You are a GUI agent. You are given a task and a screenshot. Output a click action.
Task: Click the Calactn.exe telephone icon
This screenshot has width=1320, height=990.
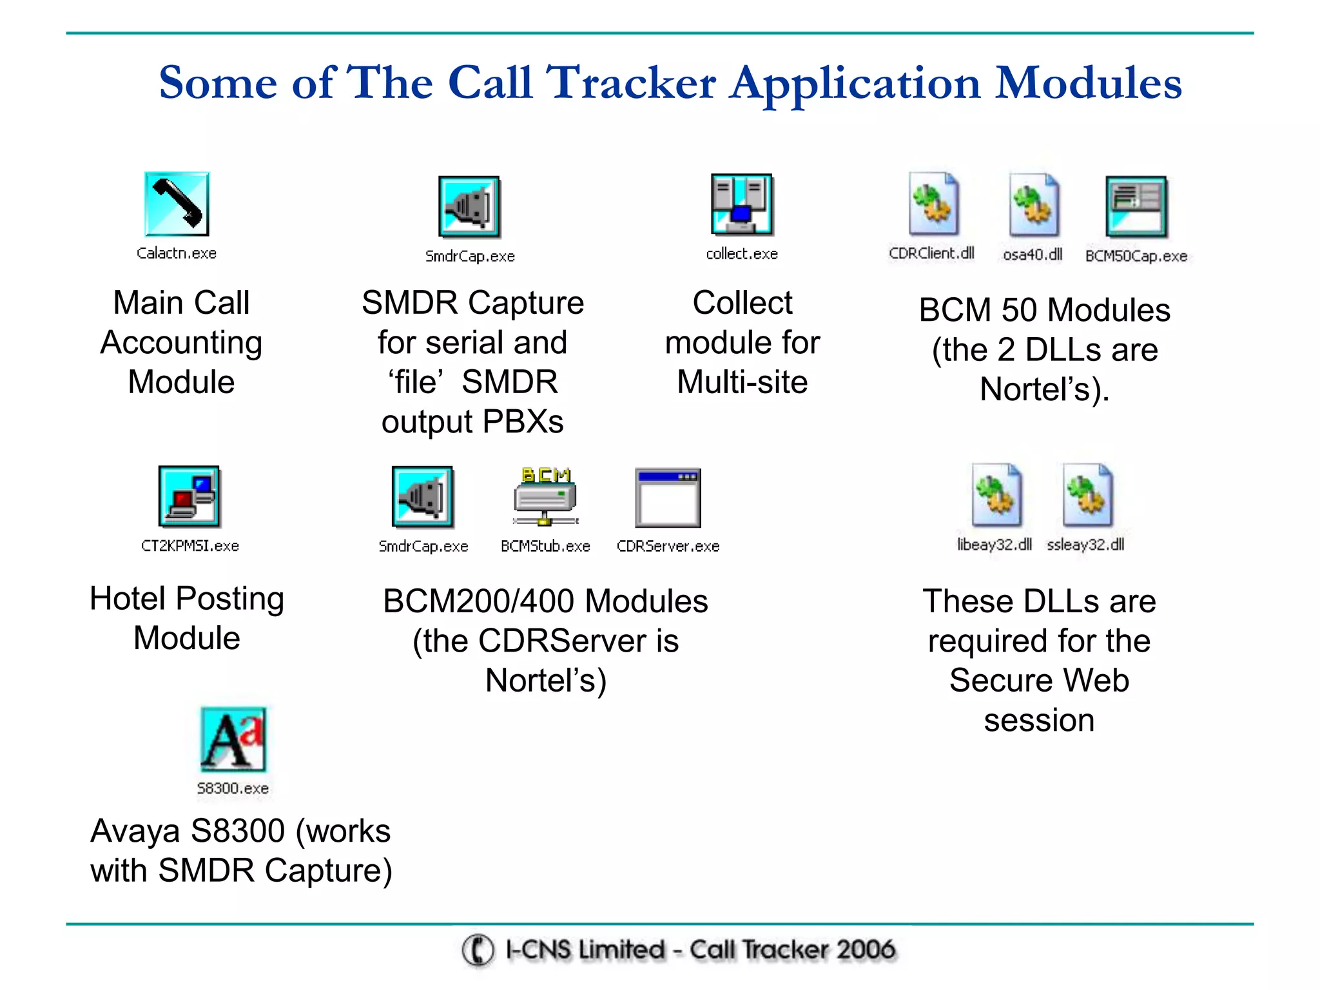click(177, 204)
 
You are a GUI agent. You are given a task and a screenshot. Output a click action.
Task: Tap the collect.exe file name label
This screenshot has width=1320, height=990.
click(742, 254)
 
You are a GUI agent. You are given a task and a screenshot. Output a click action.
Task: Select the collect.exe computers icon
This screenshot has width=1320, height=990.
click(742, 204)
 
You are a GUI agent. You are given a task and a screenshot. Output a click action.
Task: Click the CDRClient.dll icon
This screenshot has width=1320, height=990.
click(933, 204)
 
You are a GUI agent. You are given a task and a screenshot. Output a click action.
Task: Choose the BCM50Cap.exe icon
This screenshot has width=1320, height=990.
click(1136, 207)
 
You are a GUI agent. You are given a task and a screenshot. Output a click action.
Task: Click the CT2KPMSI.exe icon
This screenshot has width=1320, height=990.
click(189, 497)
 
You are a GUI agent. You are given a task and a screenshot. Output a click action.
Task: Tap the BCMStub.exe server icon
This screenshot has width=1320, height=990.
click(545, 497)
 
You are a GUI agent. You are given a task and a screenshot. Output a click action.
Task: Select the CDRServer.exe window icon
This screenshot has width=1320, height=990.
click(668, 498)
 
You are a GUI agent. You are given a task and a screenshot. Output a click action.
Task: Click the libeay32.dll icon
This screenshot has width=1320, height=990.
click(996, 495)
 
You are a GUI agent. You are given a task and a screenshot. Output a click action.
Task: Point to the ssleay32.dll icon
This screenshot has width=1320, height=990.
click(1087, 495)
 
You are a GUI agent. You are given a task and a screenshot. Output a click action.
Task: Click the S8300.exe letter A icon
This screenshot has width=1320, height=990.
click(233, 739)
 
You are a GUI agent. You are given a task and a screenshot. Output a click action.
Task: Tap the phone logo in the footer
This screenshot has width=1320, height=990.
click(478, 950)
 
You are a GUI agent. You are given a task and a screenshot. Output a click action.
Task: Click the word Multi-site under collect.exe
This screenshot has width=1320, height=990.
click(742, 382)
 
